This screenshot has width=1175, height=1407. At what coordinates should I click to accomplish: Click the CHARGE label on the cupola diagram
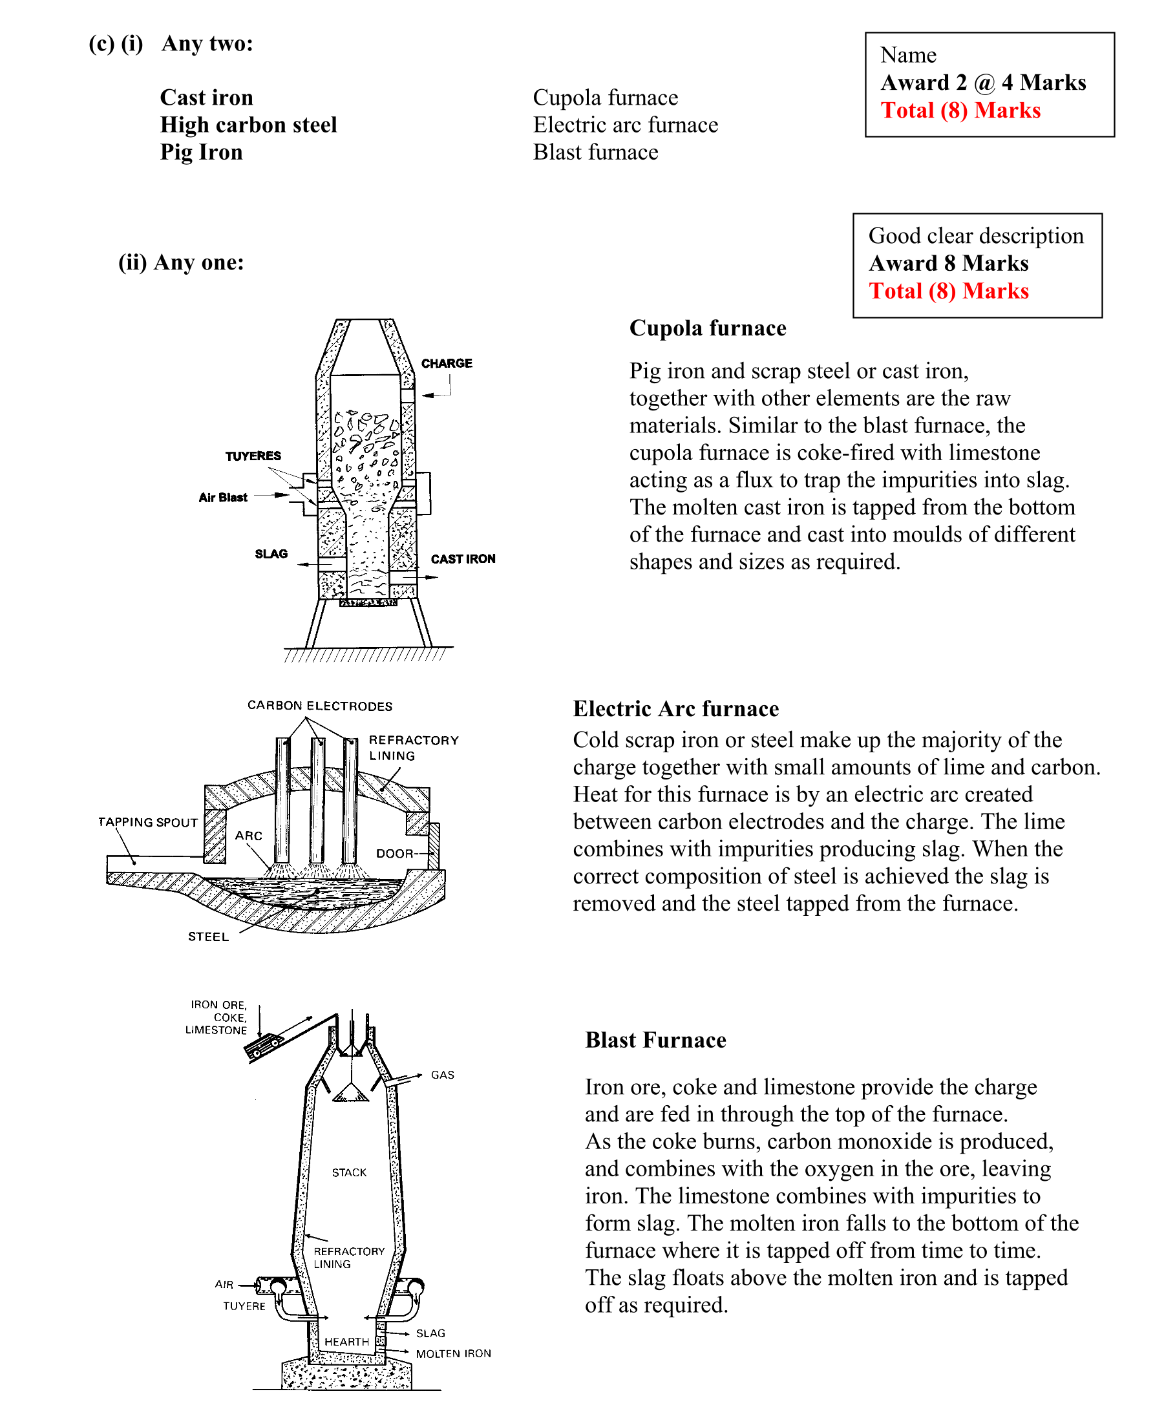tap(446, 363)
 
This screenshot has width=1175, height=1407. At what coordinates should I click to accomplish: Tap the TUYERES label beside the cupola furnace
tap(253, 456)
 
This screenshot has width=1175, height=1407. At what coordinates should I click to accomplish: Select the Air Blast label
tap(222, 497)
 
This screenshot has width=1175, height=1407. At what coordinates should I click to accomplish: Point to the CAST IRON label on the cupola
tap(463, 559)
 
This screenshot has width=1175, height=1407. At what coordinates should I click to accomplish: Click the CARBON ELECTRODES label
tap(319, 706)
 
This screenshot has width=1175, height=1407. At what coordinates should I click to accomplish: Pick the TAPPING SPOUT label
tap(148, 822)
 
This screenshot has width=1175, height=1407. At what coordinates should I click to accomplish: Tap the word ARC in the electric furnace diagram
tap(249, 836)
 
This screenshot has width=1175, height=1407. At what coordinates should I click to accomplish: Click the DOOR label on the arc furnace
tap(394, 854)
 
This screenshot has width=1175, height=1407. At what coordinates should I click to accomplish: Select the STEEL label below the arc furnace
tap(208, 936)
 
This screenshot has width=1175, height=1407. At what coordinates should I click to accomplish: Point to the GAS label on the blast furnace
tap(442, 1075)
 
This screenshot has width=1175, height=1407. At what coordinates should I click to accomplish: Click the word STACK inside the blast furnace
tap(349, 1172)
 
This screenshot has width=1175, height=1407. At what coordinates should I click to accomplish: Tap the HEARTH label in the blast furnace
tap(346, 1341)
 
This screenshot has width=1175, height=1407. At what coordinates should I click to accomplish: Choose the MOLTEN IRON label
tap(453, 1353)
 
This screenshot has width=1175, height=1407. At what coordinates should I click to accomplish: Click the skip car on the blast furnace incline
tap(263, 1046)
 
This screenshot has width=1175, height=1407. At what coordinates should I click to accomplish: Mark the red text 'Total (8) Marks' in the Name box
tap(960, 110)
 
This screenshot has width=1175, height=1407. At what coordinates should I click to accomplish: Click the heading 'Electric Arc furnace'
tap(675, 708)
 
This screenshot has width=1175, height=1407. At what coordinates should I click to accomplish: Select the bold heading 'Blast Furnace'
tap(655, 1039)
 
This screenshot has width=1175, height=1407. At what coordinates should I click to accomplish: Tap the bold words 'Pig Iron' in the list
tap(201, 152)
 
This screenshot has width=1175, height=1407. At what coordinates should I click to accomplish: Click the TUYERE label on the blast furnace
tap(244, 1306)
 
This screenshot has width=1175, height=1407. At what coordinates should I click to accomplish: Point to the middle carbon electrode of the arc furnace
tap(317, 801)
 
